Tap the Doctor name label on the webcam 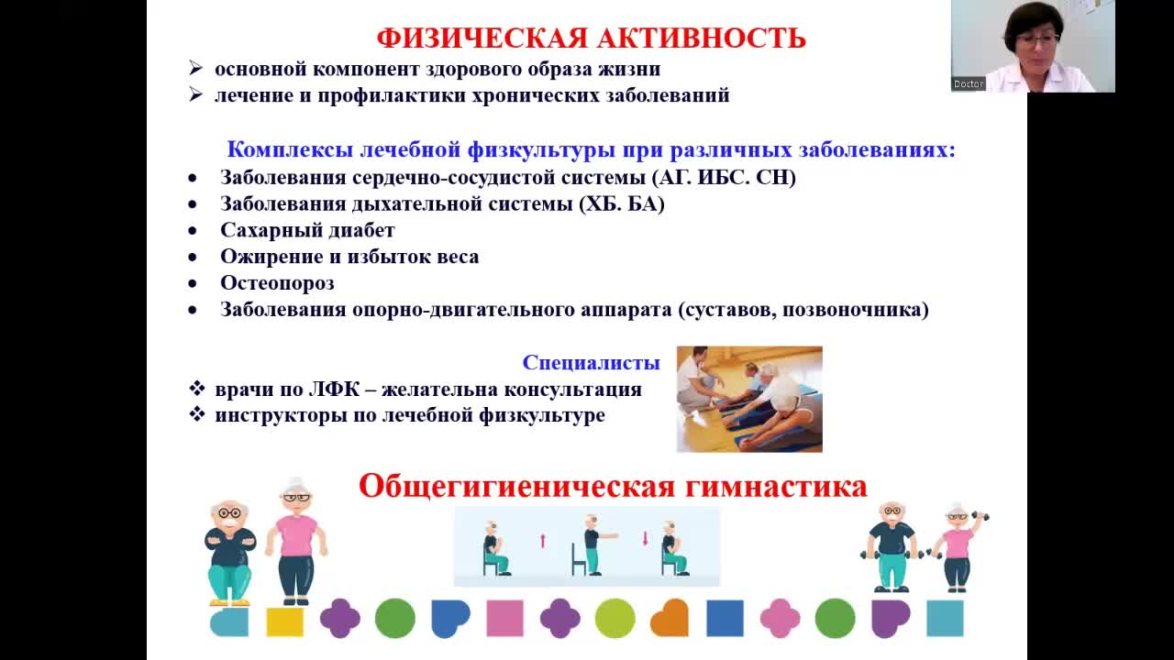coord(968,83)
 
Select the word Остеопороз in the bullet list coord(277,283)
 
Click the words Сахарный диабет coord(307,230)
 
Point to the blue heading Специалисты coord(592,362)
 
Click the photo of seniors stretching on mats coord(749,399)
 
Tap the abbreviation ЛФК coord(335,390)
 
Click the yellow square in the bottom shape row coord(285,621)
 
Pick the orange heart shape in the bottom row coord(670,618)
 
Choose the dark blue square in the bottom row coord(725,618)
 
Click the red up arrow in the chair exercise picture coord(542,541)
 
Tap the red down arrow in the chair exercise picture coord(645,539)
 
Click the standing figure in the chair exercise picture coord(595,544)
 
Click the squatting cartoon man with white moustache coord(229,553)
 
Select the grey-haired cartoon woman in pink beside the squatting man coord(296,541)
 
